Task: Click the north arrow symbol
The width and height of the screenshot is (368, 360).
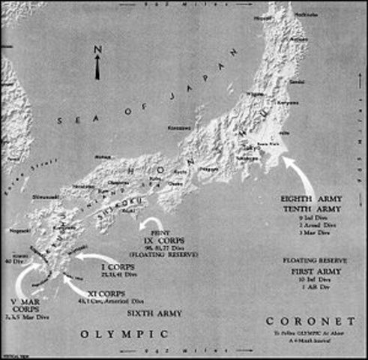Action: [x=97, y=67]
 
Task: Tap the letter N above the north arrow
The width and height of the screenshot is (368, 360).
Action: [x=97, y=50]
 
